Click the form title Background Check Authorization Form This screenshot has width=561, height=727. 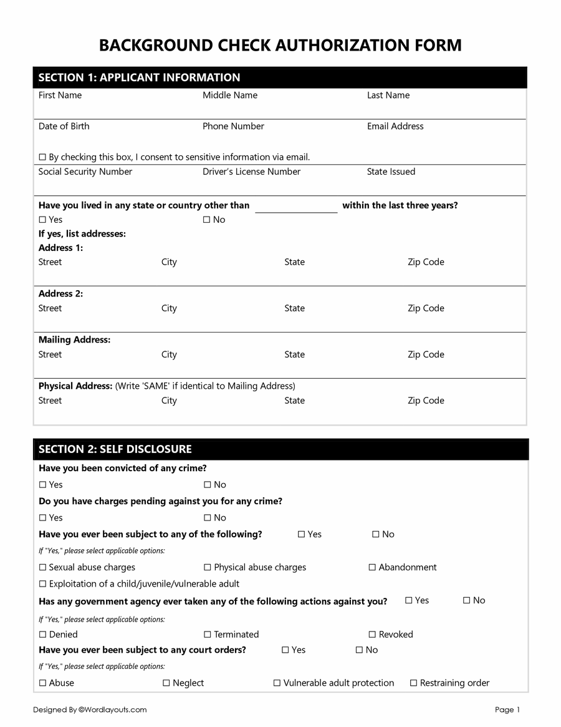[280, 45]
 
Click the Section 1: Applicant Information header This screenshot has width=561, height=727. [139, 77]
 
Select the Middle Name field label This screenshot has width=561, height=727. [229, 95]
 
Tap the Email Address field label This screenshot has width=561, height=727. [395, 126]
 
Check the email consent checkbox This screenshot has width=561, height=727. [42, 157]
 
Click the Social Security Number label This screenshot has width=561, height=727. [85, 172]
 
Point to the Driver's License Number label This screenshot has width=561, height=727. [251, 172]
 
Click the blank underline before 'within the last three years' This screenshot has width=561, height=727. [296, 208]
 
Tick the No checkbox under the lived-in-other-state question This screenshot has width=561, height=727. [207, 220]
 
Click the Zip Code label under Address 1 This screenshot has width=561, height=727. [426, 262]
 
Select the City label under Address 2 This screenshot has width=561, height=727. [169, 308]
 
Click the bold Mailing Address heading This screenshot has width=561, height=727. [74, 340]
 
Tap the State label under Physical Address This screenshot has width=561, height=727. [294, 401]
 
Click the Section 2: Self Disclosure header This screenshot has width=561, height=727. [115, 449]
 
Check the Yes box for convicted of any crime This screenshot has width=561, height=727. [42, 485]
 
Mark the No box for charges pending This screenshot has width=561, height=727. [207, 518]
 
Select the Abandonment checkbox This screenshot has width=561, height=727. [372, 567]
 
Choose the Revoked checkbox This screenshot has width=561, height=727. [372, 635]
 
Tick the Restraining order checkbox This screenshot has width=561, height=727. [413, 683]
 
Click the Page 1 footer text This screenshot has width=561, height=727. [507, 710]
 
